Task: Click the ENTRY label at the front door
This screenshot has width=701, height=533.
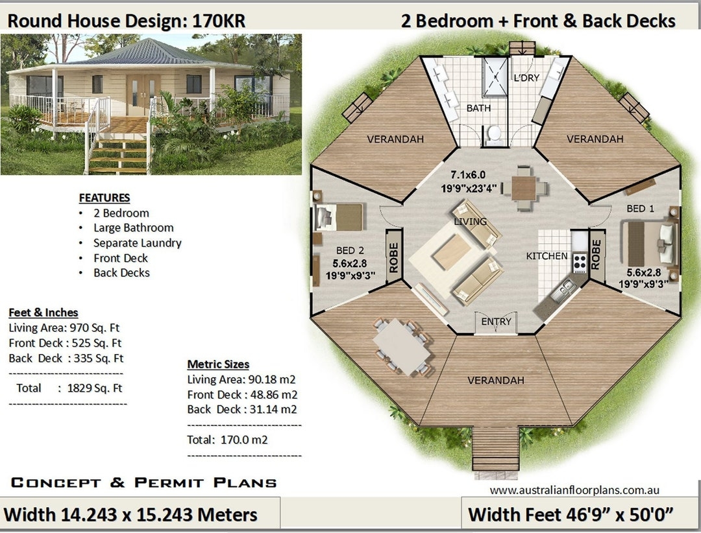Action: (497, 322)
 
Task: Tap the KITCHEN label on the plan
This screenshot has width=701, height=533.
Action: (547, 256)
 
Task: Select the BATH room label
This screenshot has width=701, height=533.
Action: (478, 108)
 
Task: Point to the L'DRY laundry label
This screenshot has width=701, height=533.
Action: (526, 78)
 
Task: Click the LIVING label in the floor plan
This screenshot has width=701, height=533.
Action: (471, 222)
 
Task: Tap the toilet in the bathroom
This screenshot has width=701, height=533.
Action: (494, 133)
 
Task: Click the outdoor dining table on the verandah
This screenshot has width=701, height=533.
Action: (402, 346)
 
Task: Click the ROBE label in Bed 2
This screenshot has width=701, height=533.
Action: (393, 257)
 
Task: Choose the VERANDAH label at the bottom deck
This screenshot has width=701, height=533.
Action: (495, 381)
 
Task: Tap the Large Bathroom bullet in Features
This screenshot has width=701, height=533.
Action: (133, 228)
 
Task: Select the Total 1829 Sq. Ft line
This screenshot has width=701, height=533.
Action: (69, 388)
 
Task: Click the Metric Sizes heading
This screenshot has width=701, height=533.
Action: (218, 364)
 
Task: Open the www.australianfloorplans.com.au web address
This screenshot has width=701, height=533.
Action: (574, 490)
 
